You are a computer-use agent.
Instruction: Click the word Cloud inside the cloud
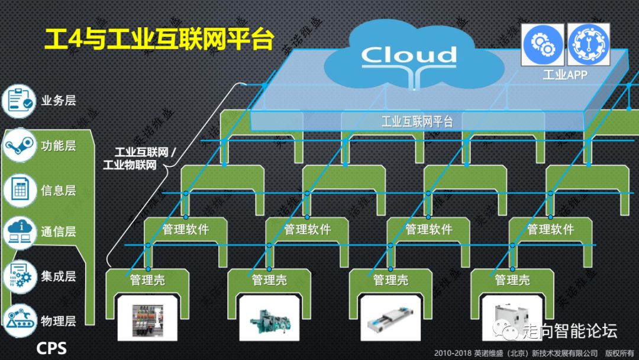[409, 55]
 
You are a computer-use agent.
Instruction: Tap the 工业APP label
[564, 75]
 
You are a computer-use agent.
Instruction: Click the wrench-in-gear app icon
[588, 44]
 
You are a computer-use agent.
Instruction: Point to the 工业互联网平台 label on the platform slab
[417, 122]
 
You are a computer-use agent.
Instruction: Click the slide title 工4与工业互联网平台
[159, 40]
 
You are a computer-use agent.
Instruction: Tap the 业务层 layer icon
[20, 101]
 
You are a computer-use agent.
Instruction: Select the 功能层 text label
[59, 145]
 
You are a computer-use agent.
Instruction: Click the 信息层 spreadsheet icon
[20, 190]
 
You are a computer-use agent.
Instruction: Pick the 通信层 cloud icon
[20, 232]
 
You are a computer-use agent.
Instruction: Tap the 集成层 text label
[59, 276]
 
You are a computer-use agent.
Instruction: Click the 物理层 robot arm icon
[20, 320]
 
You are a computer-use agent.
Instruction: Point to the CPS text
[51, 348]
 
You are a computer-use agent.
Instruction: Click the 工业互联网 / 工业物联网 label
[138, 158]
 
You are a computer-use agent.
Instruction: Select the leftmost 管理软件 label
[186, 229]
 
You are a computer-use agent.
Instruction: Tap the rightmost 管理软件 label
[550, 229]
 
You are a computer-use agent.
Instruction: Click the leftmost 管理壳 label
[147, 279]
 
